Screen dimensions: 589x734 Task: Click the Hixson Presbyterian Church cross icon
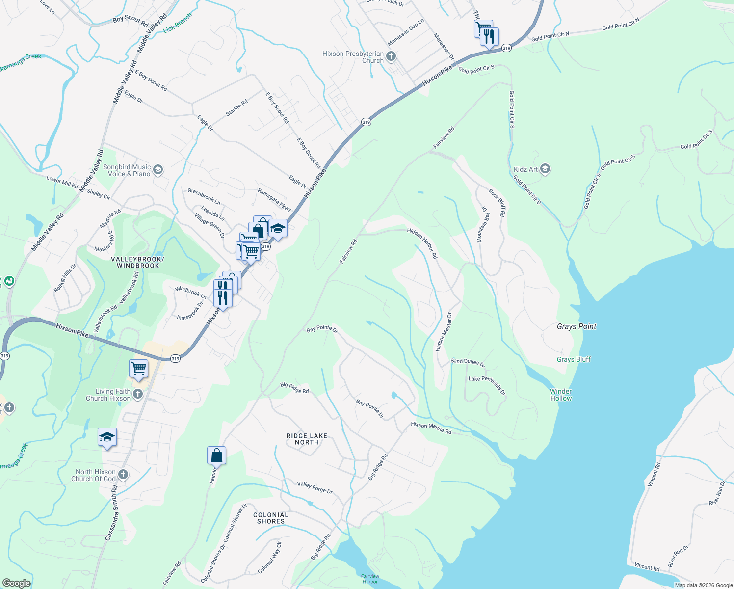(x=391, y=56)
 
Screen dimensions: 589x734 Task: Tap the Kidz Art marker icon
(x=545, y=169)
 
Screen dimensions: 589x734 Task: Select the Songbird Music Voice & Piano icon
(x=157, y=170)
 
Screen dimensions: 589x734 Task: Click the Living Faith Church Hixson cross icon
(x=138, y=394)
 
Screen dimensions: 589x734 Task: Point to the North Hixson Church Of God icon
(x=123, y=475)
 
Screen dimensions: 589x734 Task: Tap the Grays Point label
(x=577, y=326)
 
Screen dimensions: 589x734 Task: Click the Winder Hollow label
(x=561, y=395)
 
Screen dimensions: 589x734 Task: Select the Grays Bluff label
(x=574, y=359)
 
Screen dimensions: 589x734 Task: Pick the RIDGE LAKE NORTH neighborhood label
(x=307, y=439)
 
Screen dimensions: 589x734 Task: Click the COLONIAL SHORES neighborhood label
(x=271, y=518)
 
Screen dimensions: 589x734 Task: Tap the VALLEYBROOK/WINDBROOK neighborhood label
(x=138, y=262)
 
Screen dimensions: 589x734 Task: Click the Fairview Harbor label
(x=370, y=579)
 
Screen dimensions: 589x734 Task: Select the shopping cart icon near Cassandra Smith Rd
(x=138, y=369)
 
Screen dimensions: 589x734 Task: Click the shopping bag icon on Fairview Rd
(x=216, y=455)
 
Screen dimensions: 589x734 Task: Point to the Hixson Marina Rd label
(x=431, y=428)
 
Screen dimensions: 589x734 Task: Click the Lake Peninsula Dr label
(x=487, y=385)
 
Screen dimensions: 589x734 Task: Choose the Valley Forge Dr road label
(x=315, y=487)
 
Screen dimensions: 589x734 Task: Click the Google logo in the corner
(x=16, y=583)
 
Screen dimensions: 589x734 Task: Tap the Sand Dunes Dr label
(x=467, y=363)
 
